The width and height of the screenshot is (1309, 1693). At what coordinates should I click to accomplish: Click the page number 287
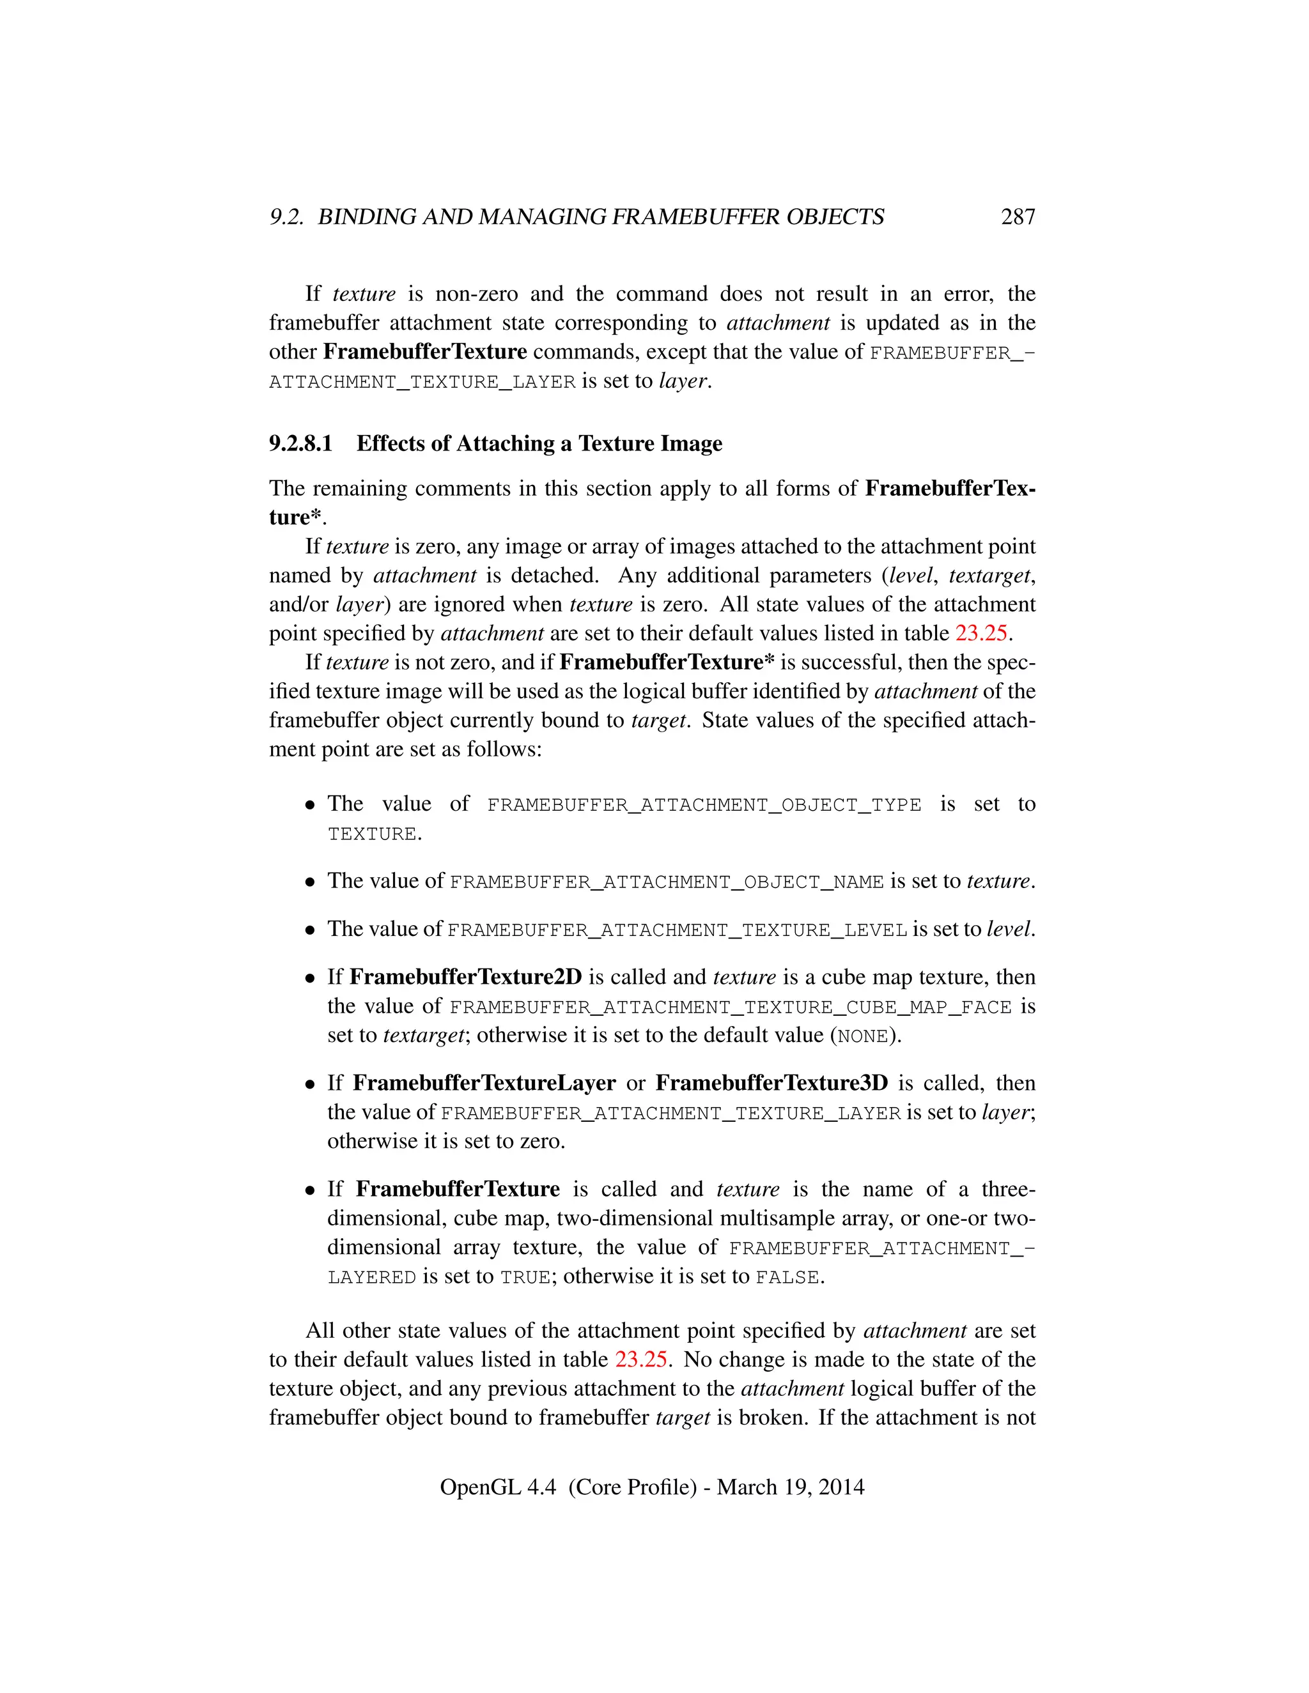[1018, 217]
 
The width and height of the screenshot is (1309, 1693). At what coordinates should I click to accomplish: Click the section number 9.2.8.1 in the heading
[300, 443]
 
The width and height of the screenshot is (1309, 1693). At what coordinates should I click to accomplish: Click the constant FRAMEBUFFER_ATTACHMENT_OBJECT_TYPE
[703, 806]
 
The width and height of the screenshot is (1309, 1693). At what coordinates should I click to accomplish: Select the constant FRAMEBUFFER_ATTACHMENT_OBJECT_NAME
[666, 882]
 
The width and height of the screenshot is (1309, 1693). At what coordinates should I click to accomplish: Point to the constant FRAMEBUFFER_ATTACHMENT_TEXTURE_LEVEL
[677, 930]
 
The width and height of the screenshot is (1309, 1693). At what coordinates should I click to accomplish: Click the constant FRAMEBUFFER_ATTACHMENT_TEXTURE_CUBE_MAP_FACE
[731, 1007]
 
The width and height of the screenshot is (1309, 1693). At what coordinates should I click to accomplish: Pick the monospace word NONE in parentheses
[862, 1037]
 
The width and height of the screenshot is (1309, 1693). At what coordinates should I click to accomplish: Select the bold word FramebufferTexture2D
[465, 977]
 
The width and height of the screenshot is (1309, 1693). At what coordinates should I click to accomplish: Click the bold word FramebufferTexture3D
[771, 1084]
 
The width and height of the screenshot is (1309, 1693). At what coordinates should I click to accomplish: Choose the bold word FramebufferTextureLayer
[484, 1084]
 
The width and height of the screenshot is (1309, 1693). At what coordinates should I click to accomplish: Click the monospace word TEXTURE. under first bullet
[374, 835]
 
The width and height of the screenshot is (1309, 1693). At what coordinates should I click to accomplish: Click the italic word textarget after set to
[423, 1036]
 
